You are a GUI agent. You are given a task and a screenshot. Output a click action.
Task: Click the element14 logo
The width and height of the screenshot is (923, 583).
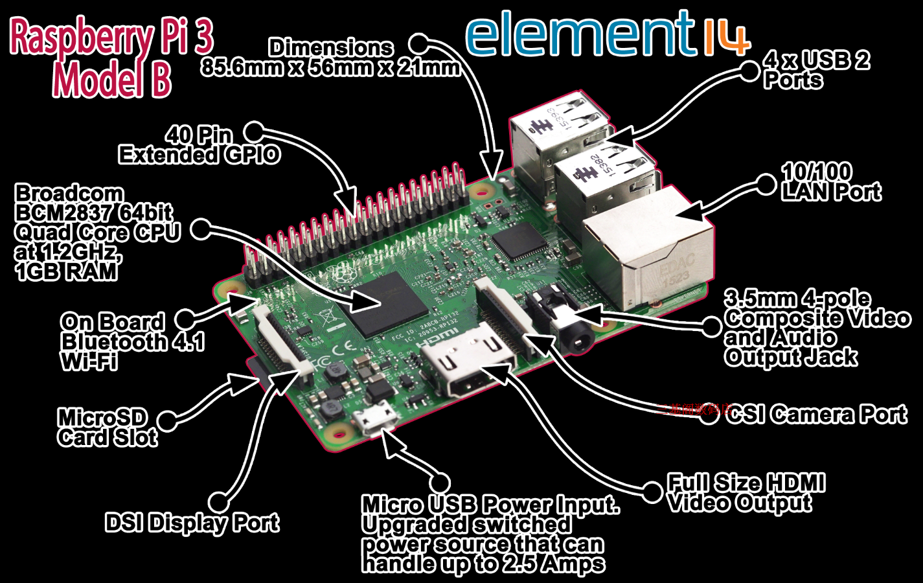click(607, 35)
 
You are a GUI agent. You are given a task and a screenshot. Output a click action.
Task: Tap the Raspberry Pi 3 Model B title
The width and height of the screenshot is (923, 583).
click(111, 58)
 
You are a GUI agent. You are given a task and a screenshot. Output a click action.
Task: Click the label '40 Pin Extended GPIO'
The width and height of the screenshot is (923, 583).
click(199, 144)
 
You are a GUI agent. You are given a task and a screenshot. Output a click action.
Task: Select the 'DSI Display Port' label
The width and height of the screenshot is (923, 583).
click(192, 523)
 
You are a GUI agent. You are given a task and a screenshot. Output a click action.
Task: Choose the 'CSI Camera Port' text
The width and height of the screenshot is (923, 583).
click(816, 415)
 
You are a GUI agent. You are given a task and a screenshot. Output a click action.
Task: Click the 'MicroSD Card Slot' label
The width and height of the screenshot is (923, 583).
click(108, 428)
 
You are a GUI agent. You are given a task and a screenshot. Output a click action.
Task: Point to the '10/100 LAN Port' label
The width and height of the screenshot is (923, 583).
click(831, 182)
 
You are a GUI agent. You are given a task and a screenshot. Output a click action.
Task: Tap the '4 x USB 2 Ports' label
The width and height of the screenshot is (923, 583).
click(816, 70)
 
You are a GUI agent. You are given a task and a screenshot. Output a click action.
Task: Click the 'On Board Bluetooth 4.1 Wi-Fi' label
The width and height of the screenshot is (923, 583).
click(132, 341)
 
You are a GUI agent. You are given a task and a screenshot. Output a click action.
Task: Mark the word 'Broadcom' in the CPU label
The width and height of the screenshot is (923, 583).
click(69, 193)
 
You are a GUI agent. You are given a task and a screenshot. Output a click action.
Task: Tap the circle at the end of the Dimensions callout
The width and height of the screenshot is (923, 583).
click(419, 43)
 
